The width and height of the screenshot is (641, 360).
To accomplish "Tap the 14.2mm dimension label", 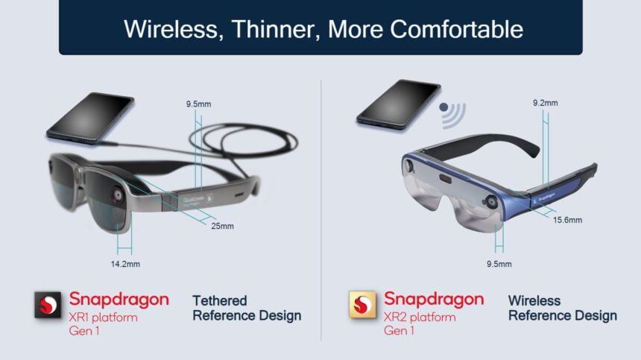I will pos(124,264).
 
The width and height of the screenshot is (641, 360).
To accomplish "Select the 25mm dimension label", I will pos(222,226).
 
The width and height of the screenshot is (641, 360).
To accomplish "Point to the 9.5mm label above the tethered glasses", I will pos(197,104).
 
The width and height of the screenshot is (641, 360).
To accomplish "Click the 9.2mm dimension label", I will pos(545,103).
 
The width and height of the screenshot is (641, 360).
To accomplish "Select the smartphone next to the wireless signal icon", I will pos(397,105).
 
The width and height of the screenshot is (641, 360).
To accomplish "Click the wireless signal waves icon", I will pos(452,112).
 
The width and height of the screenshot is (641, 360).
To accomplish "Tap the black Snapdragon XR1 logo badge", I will pos(48,306).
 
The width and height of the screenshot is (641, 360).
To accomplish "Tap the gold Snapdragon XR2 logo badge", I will pos(362,306).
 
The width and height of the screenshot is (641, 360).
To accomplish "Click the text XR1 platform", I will pos(103,318).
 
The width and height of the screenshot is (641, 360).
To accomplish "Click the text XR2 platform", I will pos(419,318).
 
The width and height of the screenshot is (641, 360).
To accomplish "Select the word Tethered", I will pos(220,300).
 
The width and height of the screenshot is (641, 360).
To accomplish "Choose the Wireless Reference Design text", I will pos(562,308).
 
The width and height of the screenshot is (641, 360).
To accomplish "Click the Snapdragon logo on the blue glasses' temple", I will pos(549,190).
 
